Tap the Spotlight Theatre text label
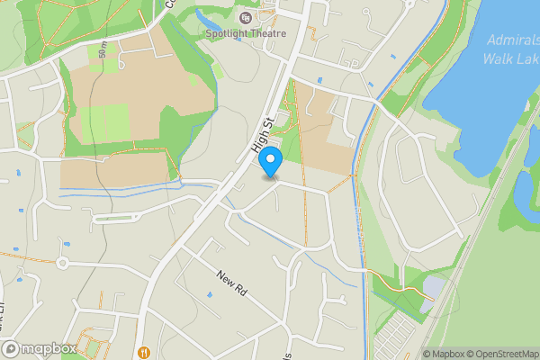pos(245,33)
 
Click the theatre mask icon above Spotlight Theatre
pos(246,17)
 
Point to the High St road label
pos(262,135)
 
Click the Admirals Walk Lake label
pos(510,49)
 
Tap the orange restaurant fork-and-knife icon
pos(143,352)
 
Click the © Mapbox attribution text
pos(444,354)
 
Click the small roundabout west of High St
pos(62,263)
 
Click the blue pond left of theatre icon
pos(205,20)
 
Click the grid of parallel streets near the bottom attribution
pos(393,337)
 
